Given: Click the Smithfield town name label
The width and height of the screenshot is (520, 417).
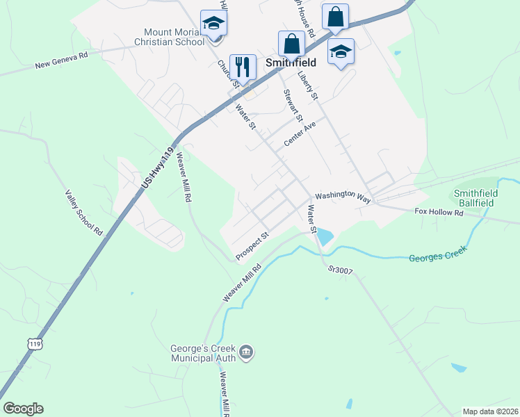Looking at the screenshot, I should [x=291, y=62].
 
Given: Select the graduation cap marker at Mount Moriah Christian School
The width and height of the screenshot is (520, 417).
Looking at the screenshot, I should [x=213, y=24].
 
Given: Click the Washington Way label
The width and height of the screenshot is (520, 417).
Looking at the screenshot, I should [x=343, y=197].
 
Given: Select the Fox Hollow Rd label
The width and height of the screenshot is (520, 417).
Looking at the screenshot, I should [x=439, y=211].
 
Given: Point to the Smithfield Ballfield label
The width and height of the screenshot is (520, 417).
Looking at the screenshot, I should [x=473, y=198].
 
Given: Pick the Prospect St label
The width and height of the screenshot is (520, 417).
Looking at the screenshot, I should [x=252, y=247].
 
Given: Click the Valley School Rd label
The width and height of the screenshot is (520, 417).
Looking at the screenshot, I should [x=83, y=213].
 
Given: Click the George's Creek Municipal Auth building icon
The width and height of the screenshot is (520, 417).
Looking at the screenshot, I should [x=245, y=353].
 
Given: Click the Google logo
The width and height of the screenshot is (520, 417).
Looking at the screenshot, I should [x=23, y=409].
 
